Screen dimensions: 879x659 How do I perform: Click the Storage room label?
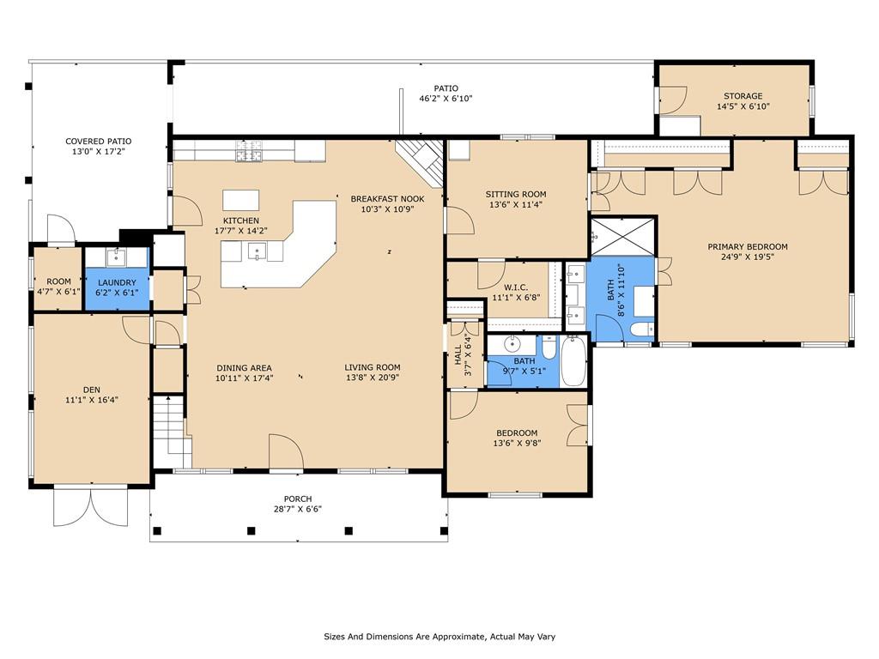(x=743, y=96)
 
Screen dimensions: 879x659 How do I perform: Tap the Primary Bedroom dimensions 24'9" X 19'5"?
(x=748, y=257)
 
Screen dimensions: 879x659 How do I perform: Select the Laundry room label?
(x=117, y=282)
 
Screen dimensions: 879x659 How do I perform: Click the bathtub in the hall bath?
(x=573, y=360)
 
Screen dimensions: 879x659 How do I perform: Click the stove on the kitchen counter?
(x=248, y=151)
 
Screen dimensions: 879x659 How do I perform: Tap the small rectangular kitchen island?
(x=241, y=200)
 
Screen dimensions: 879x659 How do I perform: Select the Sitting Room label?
(x=516, y=195)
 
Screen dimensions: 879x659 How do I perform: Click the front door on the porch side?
(x=286, y=451)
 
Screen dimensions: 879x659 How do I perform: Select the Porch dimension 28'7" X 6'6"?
(x=298, y=510)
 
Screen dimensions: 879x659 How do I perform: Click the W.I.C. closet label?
(x=516, y=287)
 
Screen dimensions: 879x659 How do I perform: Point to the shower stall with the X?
(x=623, y=237)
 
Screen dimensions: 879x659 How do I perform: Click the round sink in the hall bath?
(x=512, y=343)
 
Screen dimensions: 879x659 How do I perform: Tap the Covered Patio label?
(x=99, y=142)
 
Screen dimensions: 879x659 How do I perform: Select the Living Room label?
(x=373, y=367)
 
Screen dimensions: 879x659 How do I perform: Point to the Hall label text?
(x=458, y=354)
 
